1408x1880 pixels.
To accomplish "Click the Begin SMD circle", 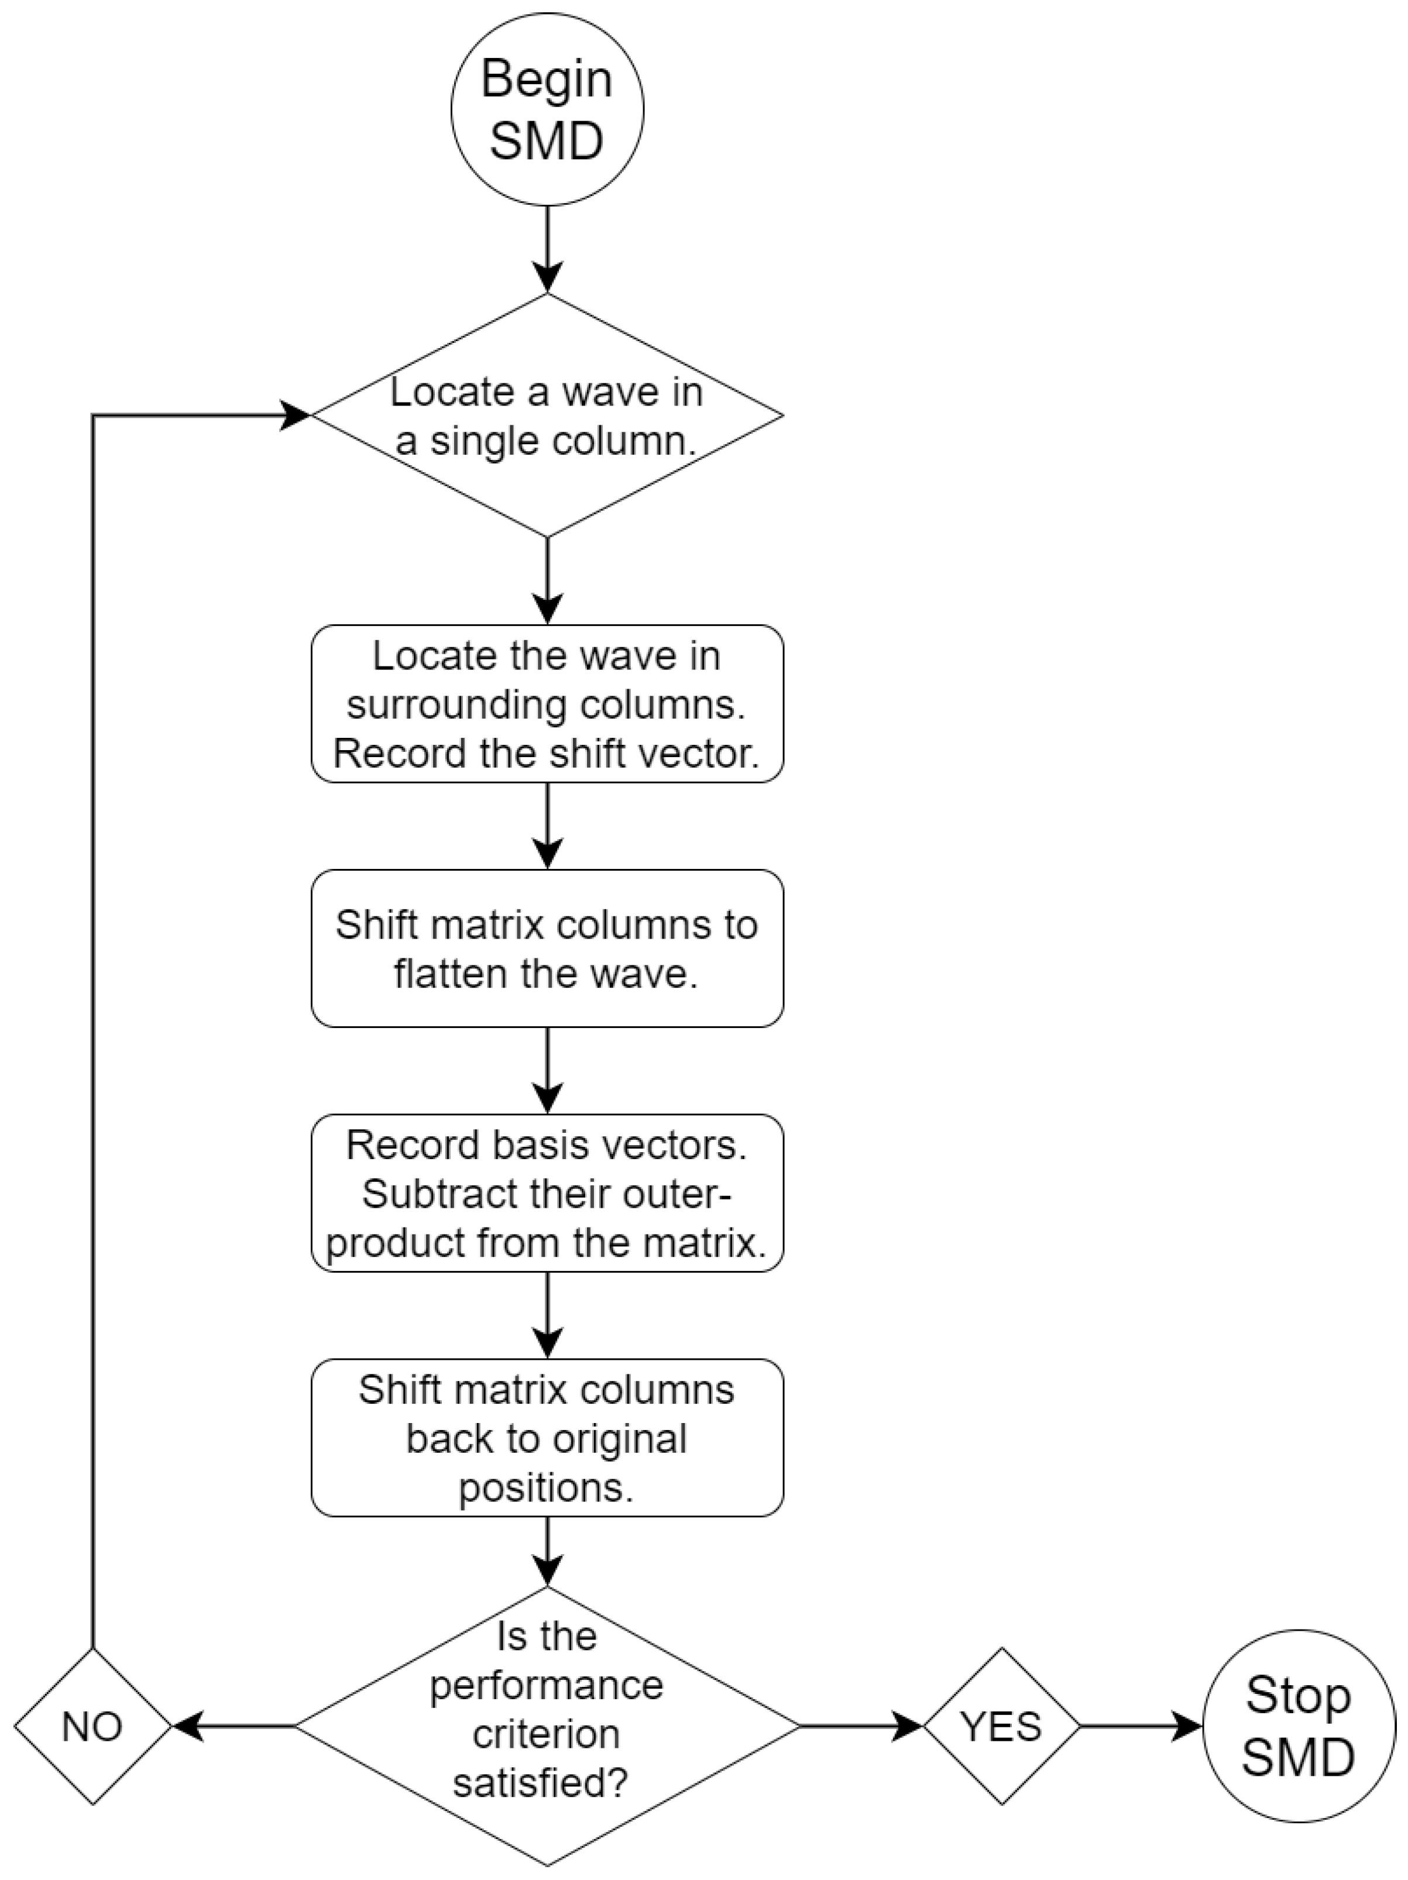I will pos(547,109).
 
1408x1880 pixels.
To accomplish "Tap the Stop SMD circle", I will pos(1299,1726).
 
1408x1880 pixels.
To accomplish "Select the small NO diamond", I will pos(92,1726).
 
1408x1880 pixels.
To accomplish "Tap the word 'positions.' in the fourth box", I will pos(547,1488).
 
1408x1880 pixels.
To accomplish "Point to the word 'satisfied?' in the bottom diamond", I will pos(541,1782).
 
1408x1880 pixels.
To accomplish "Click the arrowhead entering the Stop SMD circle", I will pos(1189,1726).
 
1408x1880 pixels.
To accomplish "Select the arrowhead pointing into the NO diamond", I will pos(188,1726).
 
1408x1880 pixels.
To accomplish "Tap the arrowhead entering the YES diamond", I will pos(908,1726).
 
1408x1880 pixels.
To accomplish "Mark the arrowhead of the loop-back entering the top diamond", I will pos(295,415).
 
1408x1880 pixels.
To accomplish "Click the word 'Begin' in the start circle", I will pos(547,79).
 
